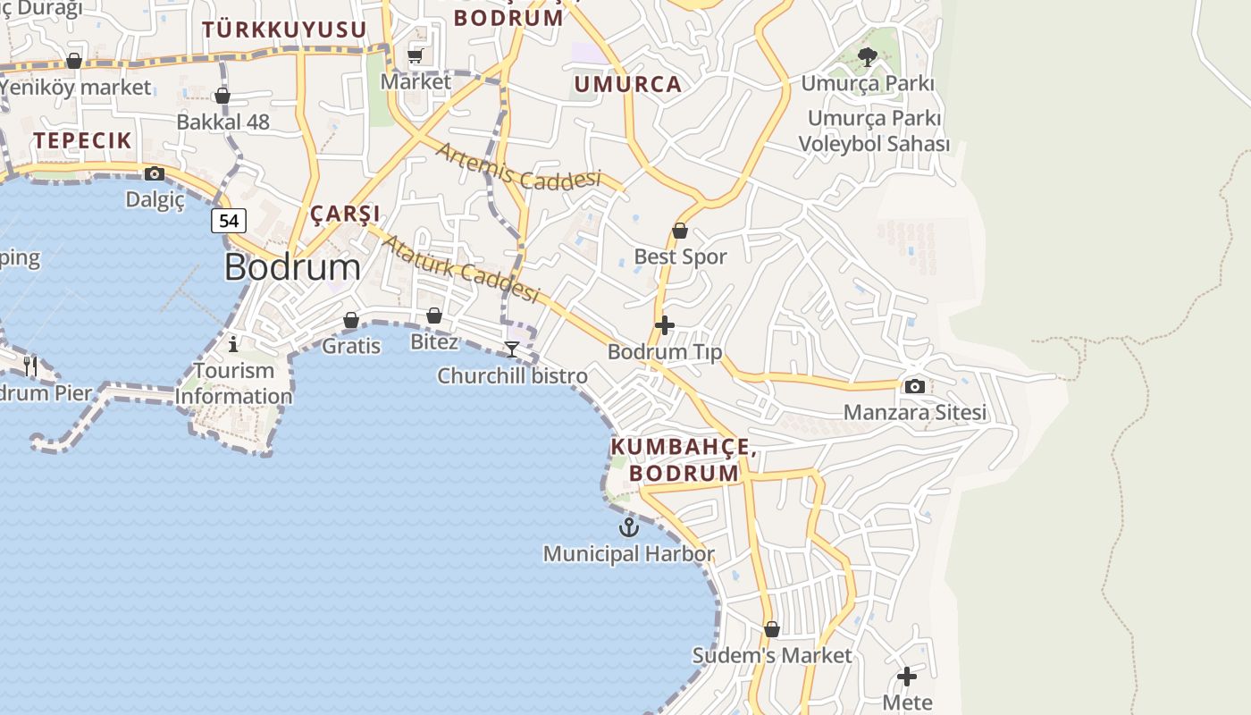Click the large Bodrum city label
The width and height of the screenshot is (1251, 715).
point(292,267)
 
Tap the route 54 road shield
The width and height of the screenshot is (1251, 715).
point(229,220)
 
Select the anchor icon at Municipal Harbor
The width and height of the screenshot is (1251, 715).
point(629,527)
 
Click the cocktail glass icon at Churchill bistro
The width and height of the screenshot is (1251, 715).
point(512,349)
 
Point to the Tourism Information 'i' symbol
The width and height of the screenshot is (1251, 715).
point(233,343)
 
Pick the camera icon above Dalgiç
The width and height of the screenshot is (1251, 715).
point(155,173)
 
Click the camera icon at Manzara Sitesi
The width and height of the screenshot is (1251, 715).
point(914,386)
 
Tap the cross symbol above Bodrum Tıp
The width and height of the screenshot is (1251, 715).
point(664,325)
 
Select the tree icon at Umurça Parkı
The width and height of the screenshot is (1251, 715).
point(867,58)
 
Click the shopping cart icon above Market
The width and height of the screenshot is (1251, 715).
point(416,55)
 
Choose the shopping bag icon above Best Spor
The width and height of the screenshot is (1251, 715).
point(680,231)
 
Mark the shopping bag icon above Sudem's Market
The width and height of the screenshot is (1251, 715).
point(772,629)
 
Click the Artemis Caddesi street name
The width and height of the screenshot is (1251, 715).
point(518,167)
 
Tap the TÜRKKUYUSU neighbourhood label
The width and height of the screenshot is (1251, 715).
point(284,29)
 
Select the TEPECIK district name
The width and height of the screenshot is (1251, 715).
point(83,140)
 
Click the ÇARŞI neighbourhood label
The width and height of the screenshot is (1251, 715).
point(345,214)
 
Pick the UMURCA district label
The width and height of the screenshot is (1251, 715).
point(627,85)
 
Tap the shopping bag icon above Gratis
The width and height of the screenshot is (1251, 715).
point(351,320)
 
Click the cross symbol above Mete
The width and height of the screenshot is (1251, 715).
point(907,677)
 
